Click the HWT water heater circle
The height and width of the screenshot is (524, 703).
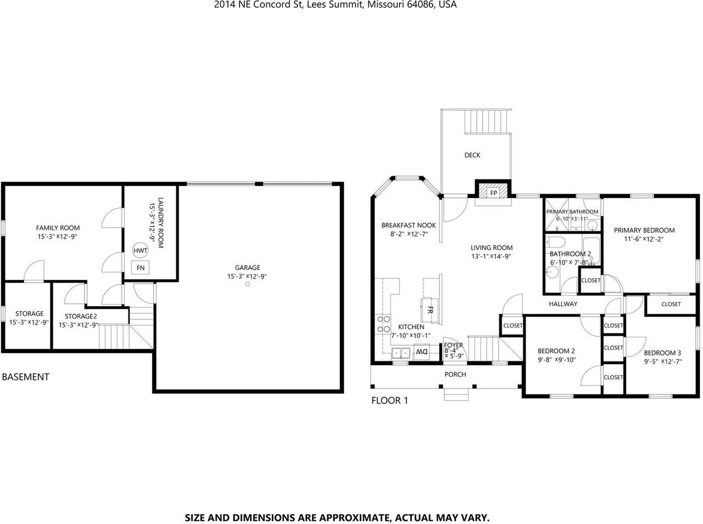[141, 251]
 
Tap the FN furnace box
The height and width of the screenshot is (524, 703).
[141, 268]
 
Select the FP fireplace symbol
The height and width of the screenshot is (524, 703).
[493, 193]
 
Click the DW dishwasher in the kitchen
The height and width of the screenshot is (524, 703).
[421, 351]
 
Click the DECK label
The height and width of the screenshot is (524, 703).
[472, 155]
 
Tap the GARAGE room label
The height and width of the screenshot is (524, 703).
[248, 268]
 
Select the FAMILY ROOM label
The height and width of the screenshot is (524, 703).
[58, 228]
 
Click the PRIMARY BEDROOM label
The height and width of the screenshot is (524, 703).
[644, 230]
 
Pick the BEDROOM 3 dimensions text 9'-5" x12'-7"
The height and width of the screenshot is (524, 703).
[662, 362]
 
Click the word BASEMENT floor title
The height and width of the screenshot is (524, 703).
[26, 377]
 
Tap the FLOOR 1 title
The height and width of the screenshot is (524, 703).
[389, 401]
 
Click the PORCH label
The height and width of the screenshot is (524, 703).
[455, 374]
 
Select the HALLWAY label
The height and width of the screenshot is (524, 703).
[563, 303]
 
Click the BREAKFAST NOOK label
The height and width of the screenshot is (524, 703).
[409, 225]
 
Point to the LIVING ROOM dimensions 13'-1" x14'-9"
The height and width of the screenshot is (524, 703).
[492, 256]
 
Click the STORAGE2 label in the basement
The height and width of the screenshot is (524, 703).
[81, 316]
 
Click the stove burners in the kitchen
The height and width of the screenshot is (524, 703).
[383, 324]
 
